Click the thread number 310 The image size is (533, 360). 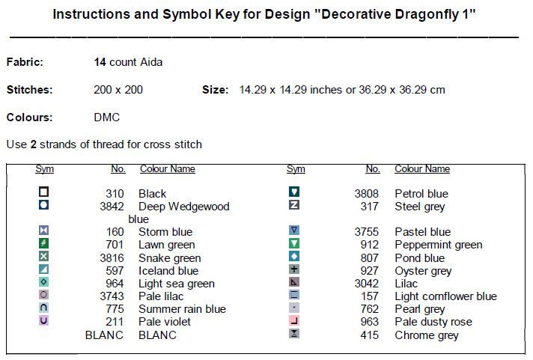[115, 194]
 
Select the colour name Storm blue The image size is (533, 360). [165, 232]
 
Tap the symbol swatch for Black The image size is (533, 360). [43, 192]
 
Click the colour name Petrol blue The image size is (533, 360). [421, 194]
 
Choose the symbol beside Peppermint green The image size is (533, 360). [294, 244]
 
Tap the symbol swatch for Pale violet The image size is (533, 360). [43, 320]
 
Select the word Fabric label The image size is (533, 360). [25, 62]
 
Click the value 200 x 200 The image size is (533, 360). [118, 90]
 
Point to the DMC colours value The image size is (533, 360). [107, 118]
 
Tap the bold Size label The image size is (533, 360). [215, 90]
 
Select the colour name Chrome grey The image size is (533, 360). [427, 335]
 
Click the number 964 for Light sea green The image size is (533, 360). [115, 284]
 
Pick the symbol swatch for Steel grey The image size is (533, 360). [294, 205]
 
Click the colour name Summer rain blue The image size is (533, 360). [182, 309]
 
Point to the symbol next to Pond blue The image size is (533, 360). [294, 257]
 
